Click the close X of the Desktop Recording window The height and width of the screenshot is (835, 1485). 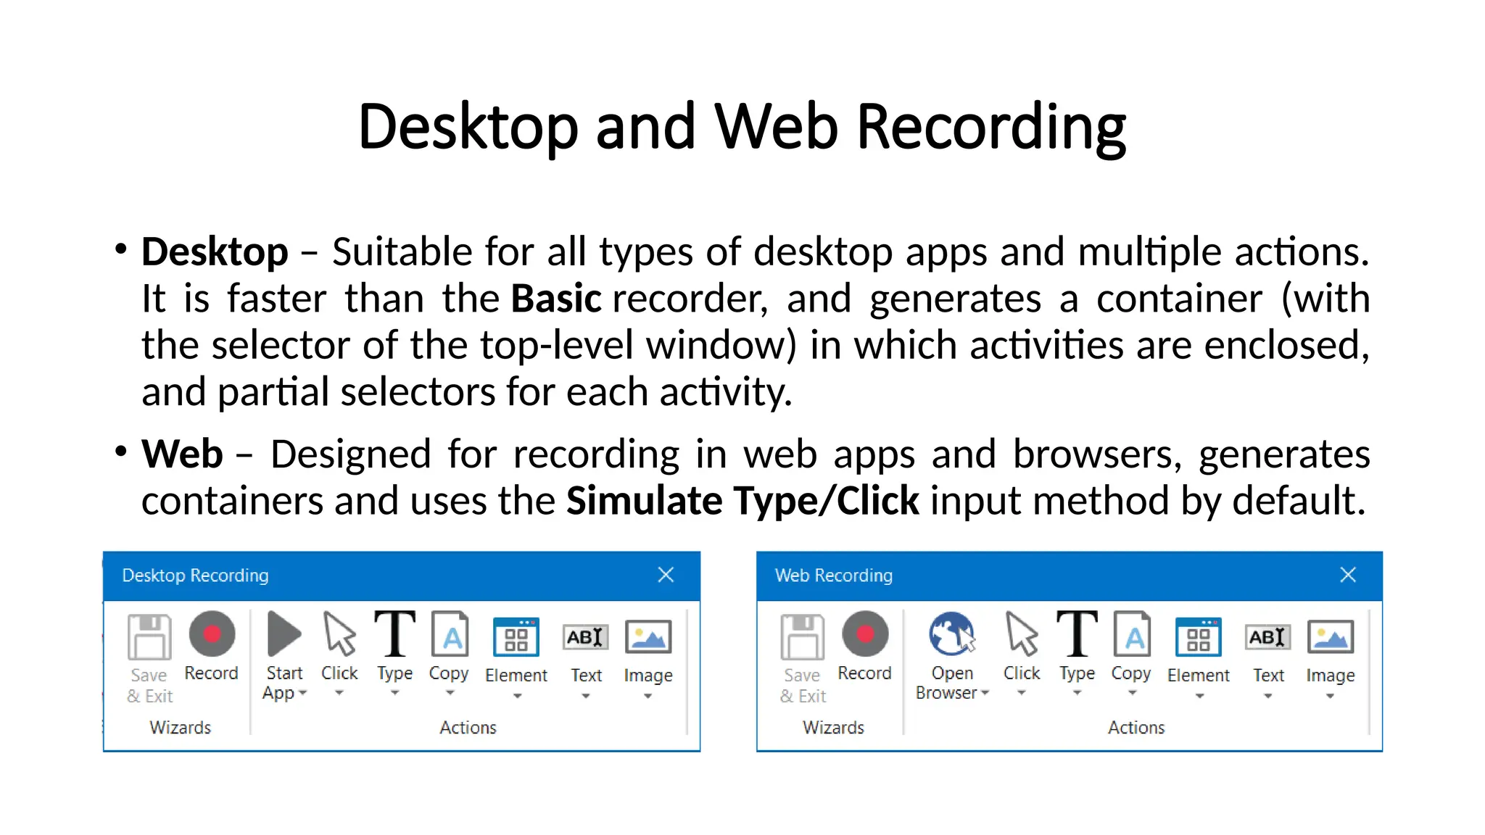666,575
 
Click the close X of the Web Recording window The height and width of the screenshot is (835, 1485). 1348,575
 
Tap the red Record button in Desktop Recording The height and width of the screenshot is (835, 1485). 212,634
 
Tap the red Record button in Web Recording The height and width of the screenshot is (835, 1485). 865,634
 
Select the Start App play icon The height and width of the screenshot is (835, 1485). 284,634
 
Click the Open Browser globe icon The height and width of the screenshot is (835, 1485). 951,634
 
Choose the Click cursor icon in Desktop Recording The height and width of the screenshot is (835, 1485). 339,634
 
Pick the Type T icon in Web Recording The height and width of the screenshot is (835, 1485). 1077,633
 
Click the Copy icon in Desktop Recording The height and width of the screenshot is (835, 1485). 450,634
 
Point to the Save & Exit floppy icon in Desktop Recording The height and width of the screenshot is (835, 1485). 149,636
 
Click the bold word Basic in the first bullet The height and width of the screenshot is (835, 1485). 556,299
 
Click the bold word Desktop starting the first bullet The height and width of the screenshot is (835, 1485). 215,252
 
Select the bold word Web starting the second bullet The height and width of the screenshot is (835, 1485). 182,454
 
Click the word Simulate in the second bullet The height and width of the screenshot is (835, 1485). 644,501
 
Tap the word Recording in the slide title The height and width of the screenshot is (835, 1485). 991,128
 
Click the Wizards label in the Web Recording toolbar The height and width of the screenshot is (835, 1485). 833,727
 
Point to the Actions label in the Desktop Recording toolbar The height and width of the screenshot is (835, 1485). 468,727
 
